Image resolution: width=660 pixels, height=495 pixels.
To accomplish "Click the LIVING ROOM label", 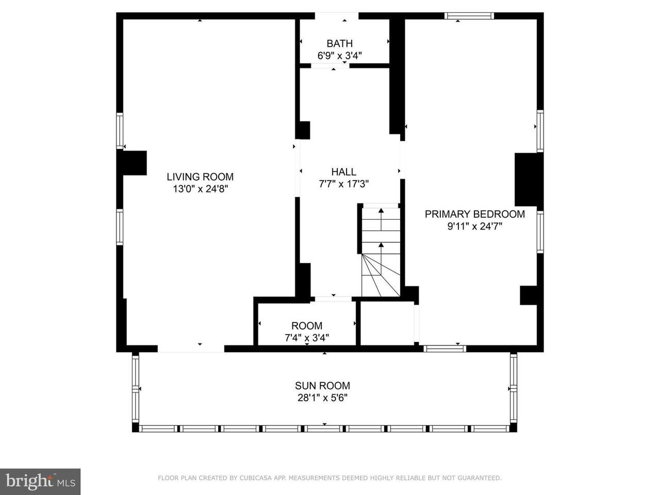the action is [200, 177].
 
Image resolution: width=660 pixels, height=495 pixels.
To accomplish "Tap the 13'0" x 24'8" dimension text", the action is [200, 189].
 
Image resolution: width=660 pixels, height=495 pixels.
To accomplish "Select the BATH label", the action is [339, 44].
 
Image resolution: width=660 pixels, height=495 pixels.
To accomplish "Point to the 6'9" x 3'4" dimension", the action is [339, 56].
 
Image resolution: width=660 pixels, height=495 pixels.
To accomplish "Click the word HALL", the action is [344, 172].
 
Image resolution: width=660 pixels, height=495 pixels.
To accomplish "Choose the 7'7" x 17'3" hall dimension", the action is [344, 184].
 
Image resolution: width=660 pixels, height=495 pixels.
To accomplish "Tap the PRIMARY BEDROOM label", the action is [475, 214].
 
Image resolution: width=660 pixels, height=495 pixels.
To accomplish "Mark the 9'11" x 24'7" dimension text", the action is [475, 226].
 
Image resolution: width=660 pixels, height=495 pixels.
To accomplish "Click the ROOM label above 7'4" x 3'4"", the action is [307, 326].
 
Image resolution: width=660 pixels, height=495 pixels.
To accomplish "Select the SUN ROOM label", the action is [322, 386].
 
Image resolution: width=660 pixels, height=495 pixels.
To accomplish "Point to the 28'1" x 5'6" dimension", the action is [322, 398].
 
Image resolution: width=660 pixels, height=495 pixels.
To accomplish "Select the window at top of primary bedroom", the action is [469, 16].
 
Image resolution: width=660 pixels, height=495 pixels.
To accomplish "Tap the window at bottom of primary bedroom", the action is [444, 349].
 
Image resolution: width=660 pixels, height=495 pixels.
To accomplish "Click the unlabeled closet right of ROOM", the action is [387, 323].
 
